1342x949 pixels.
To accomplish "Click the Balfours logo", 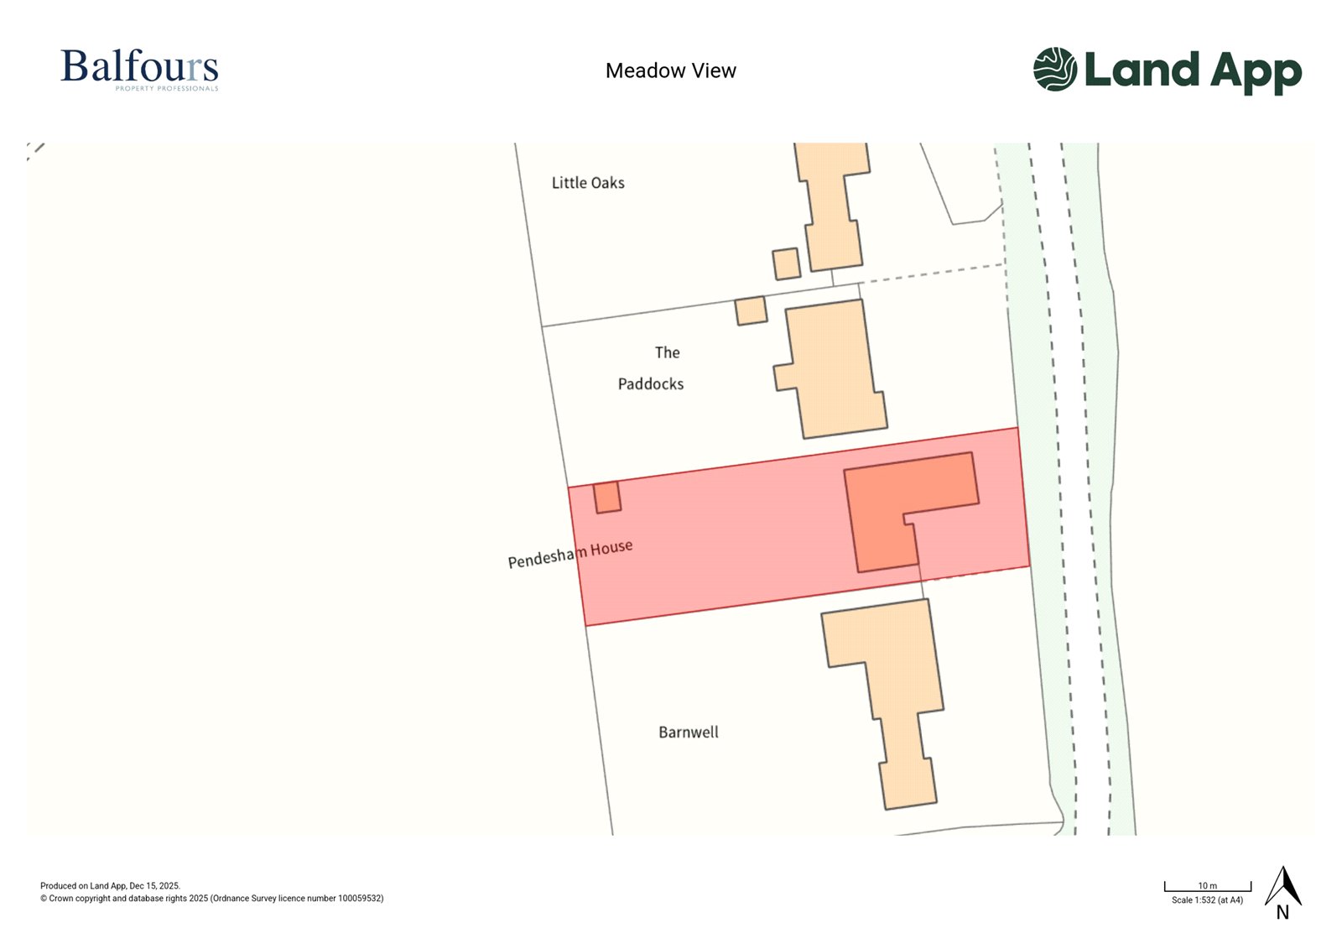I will click(x=139, y=67).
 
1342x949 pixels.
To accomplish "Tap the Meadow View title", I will click(x=670, y=70).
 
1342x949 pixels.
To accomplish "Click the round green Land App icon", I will click(x=1054, y=69).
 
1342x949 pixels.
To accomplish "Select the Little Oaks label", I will click(x=588, y=183).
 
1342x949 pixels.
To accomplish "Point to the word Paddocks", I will click(x=651, y=384).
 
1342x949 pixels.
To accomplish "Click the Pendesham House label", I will click(x=570, y=554).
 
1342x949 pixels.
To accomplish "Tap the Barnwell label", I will click(x=689, y=733).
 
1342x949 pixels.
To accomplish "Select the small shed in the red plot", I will click(x=607, y=497).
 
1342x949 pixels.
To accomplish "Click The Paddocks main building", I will click(x=832, y=369).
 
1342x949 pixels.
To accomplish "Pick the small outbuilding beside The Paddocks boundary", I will click(x=751, y=310).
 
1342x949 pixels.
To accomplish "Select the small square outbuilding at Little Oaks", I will click(x=786, y=263).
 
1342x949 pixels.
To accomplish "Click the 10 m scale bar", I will click(x=1207, y=887).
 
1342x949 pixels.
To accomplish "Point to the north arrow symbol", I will click(x=1282, y=888).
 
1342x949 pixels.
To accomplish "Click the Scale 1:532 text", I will click(x=1207, y=900).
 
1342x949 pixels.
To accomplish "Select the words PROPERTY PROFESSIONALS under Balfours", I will click(x=167, y=88).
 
